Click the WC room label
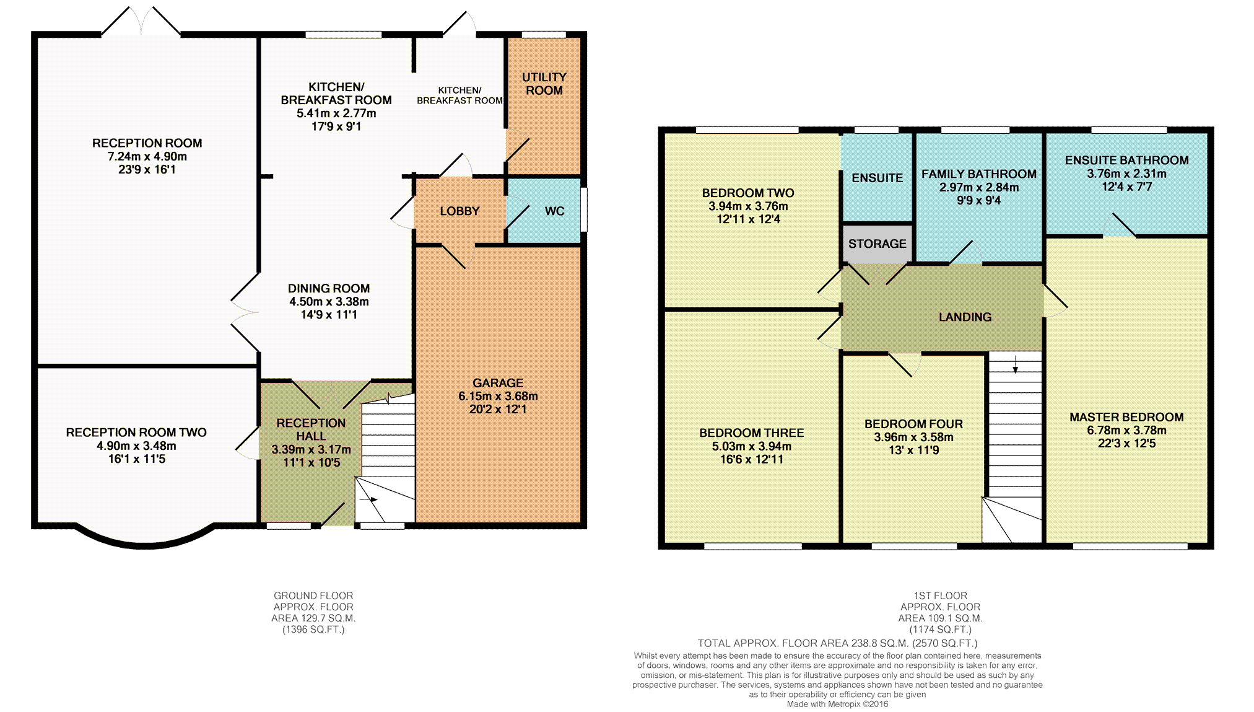(x=554, y=211)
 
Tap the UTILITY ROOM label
(x=544, y=84)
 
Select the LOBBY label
(x=459, y=211)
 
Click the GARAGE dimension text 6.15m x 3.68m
(x=498, y=396)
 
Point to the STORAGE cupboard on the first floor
(x=877, y=244)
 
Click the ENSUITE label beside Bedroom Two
(x=877, y=178)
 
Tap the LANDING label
(x=965, y=317)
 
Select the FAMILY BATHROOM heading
(x=978, y=174)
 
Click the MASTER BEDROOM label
(x=1126, y=417)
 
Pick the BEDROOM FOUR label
(x=913, y=424)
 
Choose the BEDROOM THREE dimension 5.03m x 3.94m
(x=752, y=446)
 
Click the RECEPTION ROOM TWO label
(x=136, y=433)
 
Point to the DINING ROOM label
(x=329, y=288)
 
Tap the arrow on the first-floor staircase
(x=1016, y=364)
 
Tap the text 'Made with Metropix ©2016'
(x=837, y=704)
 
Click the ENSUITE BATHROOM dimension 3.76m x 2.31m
(x=1126, y=174)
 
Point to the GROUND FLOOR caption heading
(x=313, y=596)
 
